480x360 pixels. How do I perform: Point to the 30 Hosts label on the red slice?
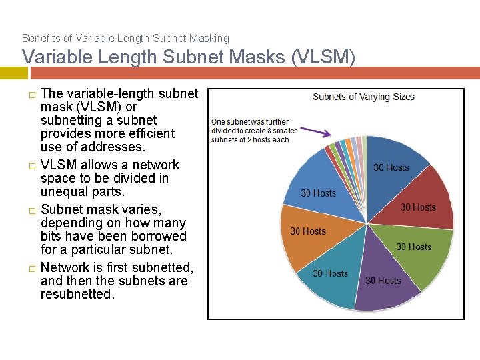[x=418, y=207]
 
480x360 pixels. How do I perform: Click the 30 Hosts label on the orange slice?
[x=308, y=231]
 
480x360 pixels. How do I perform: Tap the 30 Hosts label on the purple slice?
[x=383, y=281]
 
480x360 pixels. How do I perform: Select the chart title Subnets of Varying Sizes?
[x=363, y=97]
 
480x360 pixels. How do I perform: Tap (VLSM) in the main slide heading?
[x=323, y=58]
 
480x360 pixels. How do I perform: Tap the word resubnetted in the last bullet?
[x=77, y=294]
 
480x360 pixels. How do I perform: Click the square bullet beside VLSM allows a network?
[x=31, y=165]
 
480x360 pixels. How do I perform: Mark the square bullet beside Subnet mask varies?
[x=31, y=210]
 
